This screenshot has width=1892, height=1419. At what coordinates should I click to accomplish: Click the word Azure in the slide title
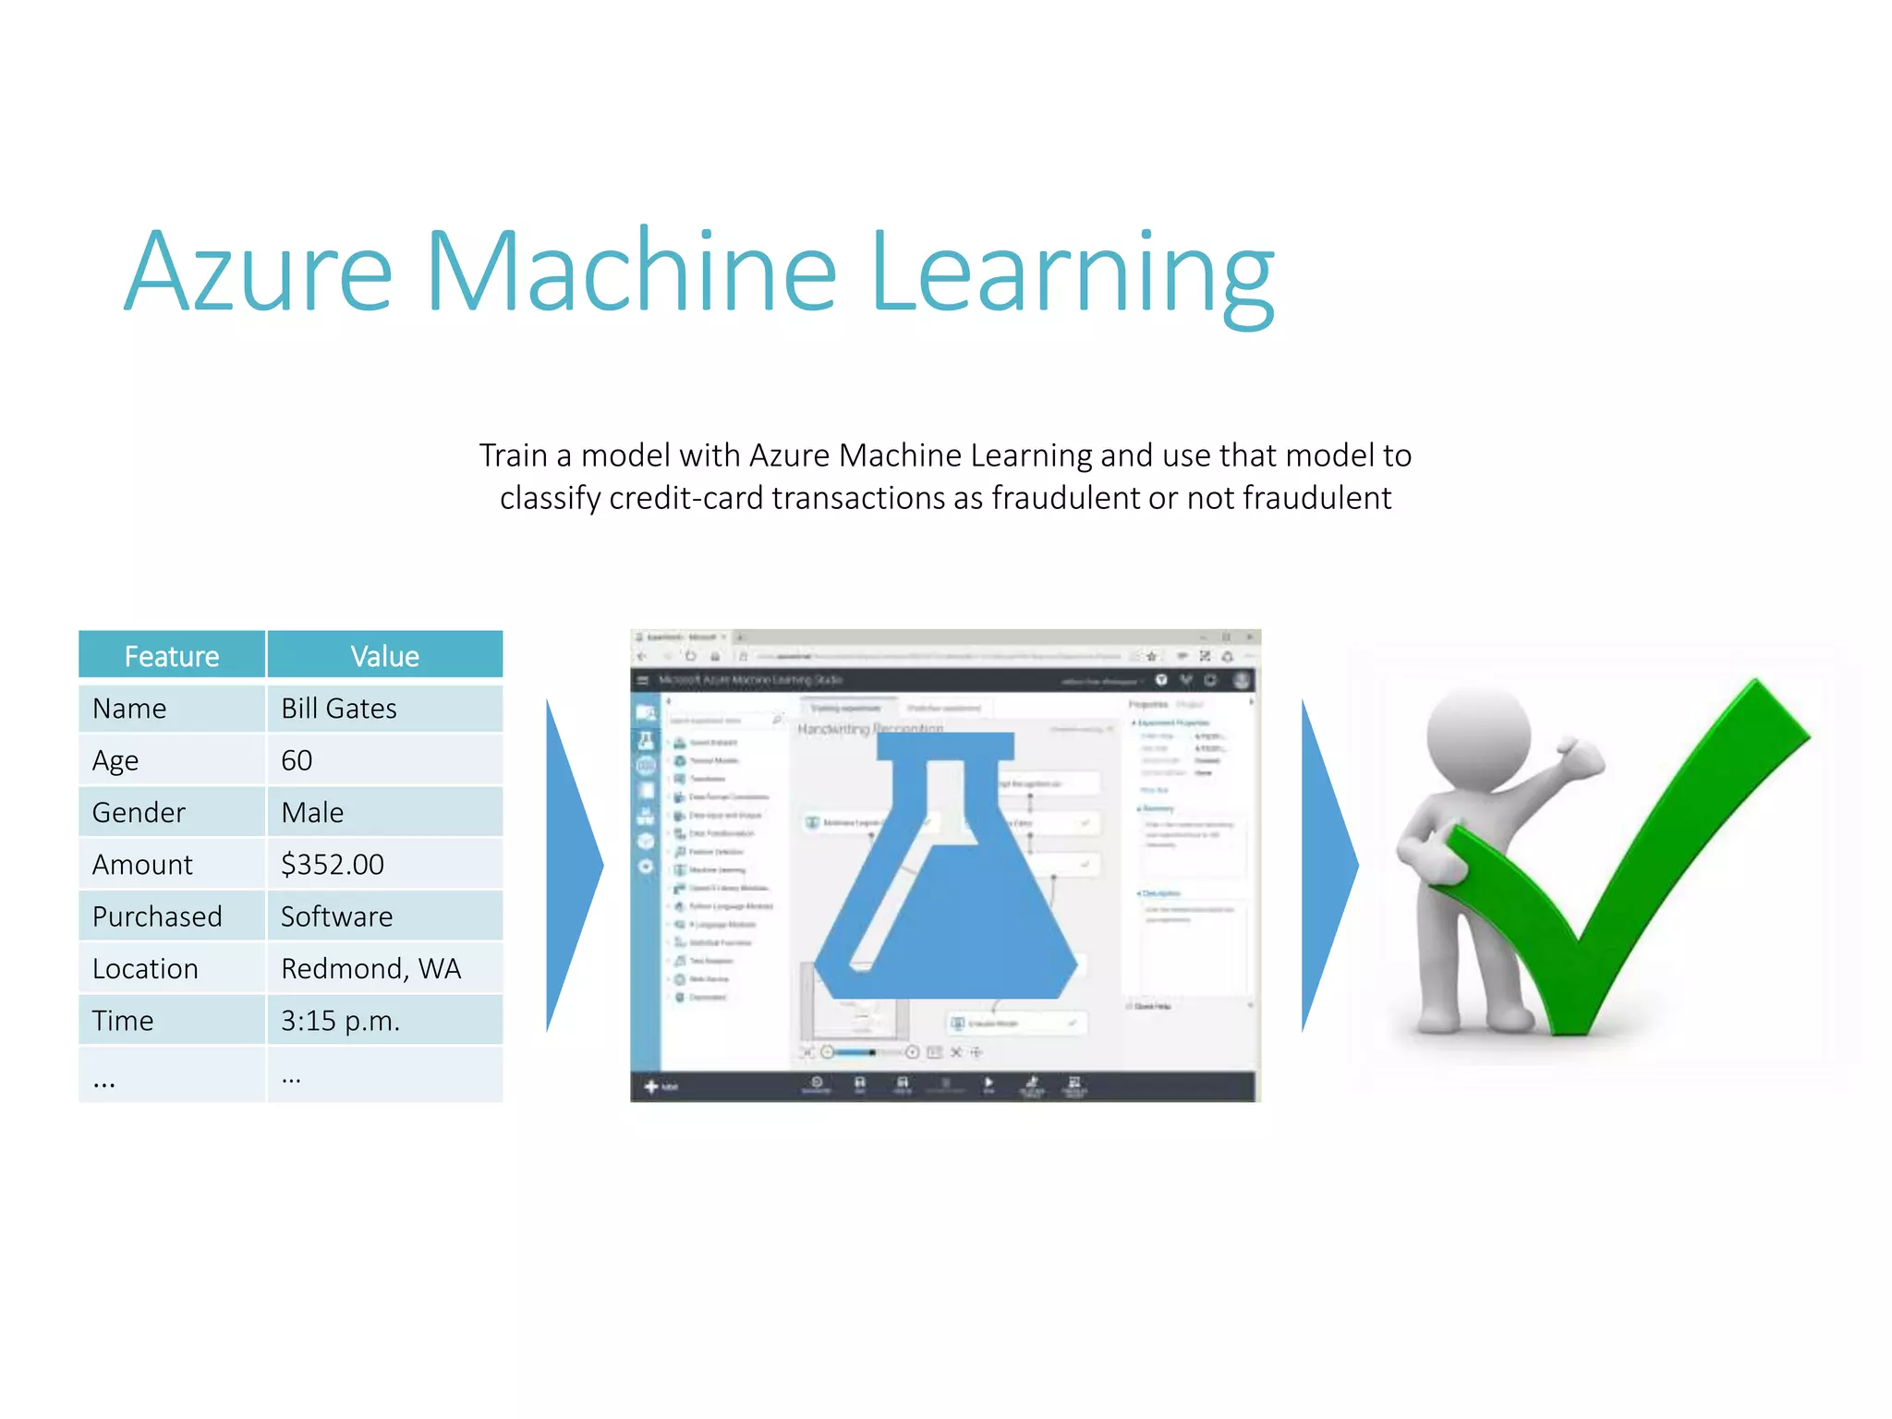(259, 273)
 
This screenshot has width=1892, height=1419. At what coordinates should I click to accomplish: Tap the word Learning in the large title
(1072, 273)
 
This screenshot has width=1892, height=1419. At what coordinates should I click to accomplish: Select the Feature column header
(172, 656)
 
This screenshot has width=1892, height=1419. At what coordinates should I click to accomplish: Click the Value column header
(384, 656)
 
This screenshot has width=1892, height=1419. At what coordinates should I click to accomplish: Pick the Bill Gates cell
(339, 709)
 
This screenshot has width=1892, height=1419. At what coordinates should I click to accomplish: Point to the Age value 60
(297, 760)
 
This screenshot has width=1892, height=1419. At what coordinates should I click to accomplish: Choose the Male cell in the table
(312, 813)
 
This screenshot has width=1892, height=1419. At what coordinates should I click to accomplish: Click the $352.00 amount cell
(333, 865)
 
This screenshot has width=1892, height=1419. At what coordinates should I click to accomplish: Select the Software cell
(337, 916)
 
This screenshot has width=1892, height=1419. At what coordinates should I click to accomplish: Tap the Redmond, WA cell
(370, 968)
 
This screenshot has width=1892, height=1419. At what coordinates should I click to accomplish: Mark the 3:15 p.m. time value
(340, 1021)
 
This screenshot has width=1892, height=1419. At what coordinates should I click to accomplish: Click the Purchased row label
(157, 916)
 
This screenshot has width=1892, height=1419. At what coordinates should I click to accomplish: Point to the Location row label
(145, 968)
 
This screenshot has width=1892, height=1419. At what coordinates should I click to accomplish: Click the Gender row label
(139, 813)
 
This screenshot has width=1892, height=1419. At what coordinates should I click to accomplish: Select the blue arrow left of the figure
(1327, 865)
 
